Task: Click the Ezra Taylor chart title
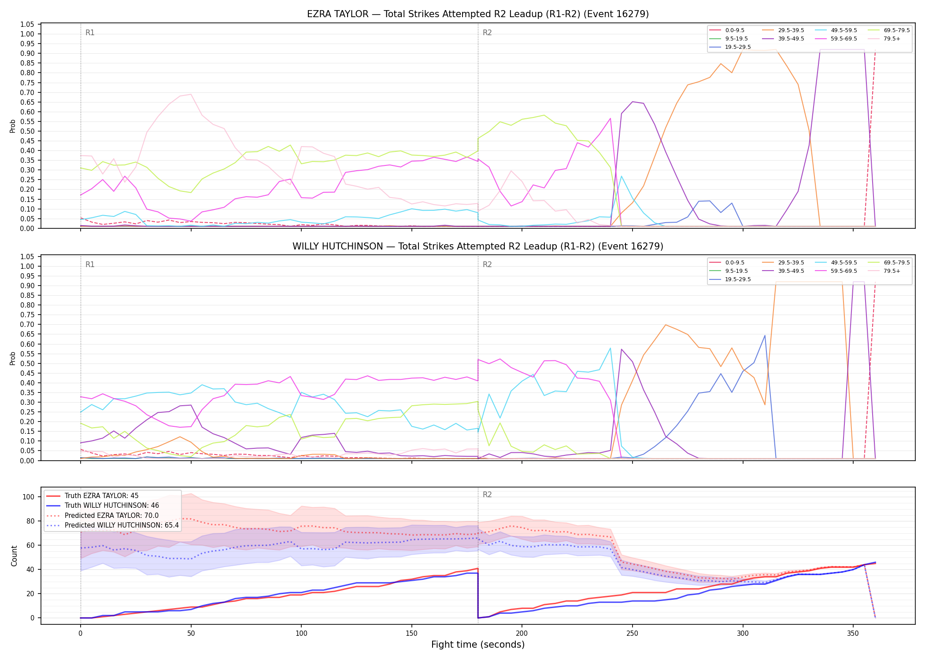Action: click(478, 14)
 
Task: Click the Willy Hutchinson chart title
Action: click(478, 246)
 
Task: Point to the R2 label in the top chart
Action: click(487, 33)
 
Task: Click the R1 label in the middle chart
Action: click(90, 264)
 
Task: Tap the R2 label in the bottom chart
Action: click(487, 495)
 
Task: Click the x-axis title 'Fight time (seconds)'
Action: click(478, 645)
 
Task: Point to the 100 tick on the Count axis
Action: click(29, 497)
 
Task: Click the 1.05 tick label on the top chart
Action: click(27, 24)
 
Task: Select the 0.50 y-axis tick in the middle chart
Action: click(27, 363)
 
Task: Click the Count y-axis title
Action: click(14, 556)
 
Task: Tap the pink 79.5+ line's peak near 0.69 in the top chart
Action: click(191, 94)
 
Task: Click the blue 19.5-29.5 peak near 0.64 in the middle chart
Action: click(765, 335)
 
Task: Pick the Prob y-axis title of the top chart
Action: click(13, 126)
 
